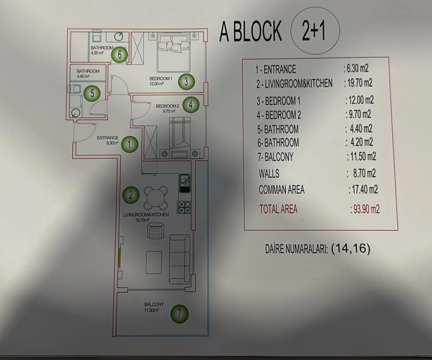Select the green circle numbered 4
(x=191, y=105)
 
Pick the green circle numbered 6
(x=119, y=55)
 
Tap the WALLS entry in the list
(x=269, y=174)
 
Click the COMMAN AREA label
(x=282, y=190)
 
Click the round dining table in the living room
(x=157, y=198)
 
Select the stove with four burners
(x=184, y=208)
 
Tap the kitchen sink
(x=185, y=180)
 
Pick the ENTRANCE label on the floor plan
(x=108, y=138)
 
